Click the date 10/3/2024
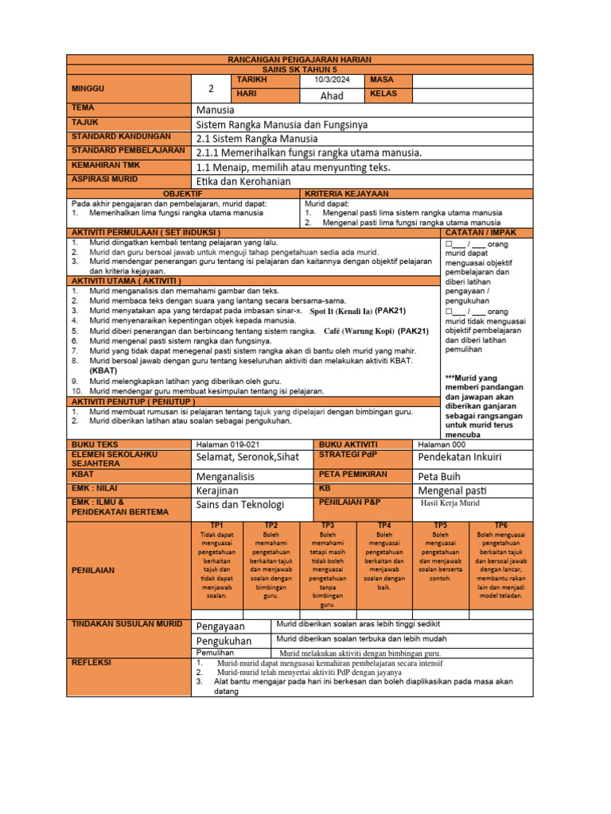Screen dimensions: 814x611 (x=332, y=80)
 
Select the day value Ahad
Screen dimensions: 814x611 (x=332, y=95)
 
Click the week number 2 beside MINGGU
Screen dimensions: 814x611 (x=211, y=88)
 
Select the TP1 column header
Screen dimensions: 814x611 (x=216, y=525)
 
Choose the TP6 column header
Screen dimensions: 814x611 (x=501, y=525)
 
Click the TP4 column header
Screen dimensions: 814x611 (x=384, y=525)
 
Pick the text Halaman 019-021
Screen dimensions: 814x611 (x=228, y=444)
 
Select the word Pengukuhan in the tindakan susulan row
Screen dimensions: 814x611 (x=224, y=641)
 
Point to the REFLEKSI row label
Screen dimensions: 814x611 (x=92, y=662)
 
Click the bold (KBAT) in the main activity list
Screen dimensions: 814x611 (x=103, y=370)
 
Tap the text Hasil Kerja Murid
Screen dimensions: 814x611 (x=450, y=503)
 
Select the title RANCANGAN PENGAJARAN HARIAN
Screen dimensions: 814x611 (x=299, y=60)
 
